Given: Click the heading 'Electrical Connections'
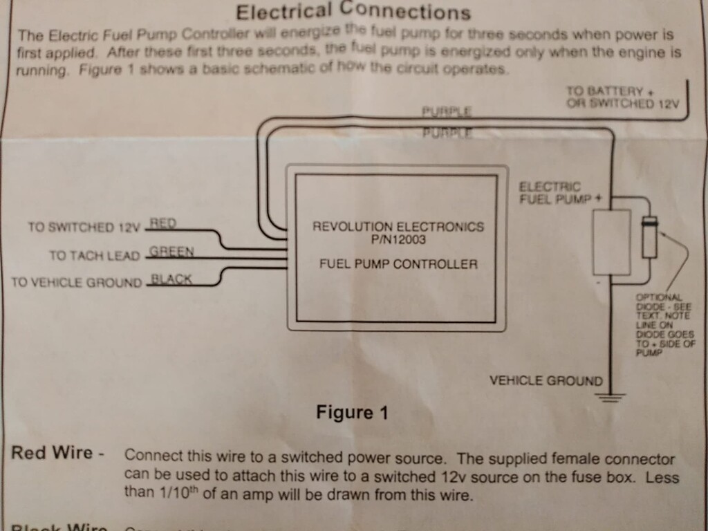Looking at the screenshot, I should point(353,12).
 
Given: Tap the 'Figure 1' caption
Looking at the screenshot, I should point(352,413).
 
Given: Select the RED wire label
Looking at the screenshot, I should point(163,223).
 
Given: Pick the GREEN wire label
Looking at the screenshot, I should point(171,252).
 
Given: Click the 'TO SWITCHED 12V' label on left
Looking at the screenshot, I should point(84,227).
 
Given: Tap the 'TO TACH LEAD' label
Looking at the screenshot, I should point(95,256).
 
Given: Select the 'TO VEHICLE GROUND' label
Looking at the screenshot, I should point(77,283).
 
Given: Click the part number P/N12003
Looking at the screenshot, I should point(398,239).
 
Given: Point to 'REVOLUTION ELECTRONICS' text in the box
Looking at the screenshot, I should point(398,227).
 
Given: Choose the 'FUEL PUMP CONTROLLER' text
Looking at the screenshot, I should point(398,263).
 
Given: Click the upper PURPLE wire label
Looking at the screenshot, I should point(447,111).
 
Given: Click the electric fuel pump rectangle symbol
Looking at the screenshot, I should point(612,242).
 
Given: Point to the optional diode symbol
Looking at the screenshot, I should point(649,238).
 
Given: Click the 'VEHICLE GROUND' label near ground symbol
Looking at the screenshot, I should point(546,380).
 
